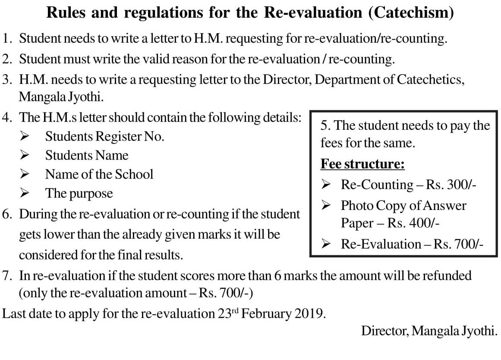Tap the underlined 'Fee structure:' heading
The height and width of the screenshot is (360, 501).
(362, 164)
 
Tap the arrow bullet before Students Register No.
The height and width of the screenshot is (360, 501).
(24, 137)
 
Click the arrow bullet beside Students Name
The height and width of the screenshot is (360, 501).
(24, 155)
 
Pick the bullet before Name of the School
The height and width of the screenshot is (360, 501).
(24, 174)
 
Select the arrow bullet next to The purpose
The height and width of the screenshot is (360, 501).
(24, 193)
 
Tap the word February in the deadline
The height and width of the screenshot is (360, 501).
(266, 313)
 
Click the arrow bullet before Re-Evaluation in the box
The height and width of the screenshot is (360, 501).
(327, 244)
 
